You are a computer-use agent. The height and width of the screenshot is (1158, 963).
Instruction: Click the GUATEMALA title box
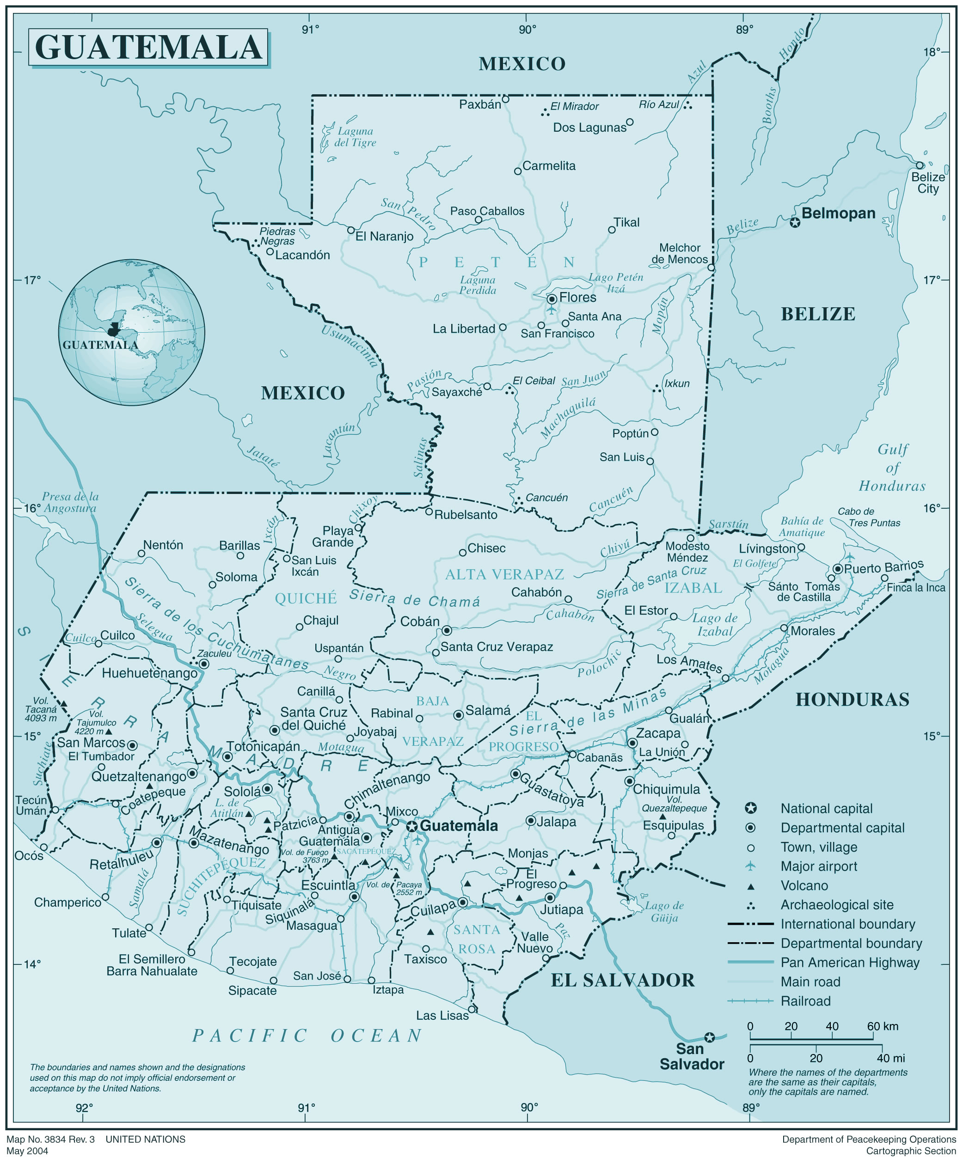click(x=148, y=48)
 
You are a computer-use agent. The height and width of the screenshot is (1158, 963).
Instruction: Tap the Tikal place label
click(x=626, y=222)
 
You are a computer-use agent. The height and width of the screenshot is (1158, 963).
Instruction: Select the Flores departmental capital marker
click(x=551, y=299)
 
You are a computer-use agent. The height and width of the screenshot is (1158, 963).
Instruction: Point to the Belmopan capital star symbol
click(x=794, y=222)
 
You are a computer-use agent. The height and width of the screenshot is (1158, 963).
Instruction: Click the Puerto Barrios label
click(x=883, y=567)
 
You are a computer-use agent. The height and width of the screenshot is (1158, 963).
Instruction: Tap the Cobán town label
click(x=420, y=622)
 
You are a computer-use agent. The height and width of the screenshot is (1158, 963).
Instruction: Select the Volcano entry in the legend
click(x=804, y=885)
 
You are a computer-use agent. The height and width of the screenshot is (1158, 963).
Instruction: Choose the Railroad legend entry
click(x=805, y=1001)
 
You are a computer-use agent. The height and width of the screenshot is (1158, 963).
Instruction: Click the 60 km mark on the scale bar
click(x=882, y=1026)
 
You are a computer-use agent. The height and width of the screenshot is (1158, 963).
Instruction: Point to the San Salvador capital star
click(x=709, y=1037)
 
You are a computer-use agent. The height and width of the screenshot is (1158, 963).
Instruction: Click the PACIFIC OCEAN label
click(x=307, y=1036)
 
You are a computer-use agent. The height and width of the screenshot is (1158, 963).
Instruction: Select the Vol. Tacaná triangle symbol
click(x=63, y=704)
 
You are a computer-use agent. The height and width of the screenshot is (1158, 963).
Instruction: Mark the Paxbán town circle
click(x=505, y=99)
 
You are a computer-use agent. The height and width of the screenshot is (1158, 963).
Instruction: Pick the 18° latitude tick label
click(x=932, y=52)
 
